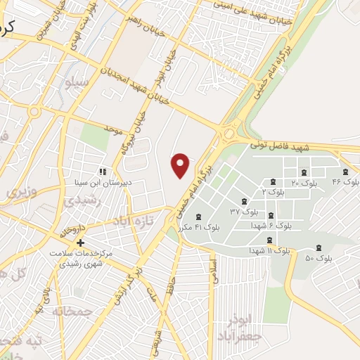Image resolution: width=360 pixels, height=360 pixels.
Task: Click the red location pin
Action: [x=181, y=165]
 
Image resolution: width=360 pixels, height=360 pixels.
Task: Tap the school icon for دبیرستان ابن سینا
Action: [x=102, y=171]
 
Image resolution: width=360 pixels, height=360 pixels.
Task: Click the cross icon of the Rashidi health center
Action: [x=81, y=243]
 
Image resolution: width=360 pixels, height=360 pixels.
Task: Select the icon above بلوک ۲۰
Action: [x=304, y=172]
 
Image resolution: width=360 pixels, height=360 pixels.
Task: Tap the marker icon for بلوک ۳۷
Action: [x=244, y=201]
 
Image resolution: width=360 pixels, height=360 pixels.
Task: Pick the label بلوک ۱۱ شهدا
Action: [x=269, y=250]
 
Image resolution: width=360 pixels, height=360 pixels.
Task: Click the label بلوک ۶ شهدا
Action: [x=271, y=226]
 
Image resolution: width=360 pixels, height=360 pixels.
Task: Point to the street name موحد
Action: [x=113, y=130]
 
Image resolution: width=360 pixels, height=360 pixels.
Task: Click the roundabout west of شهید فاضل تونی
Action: [x=229, y=133]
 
